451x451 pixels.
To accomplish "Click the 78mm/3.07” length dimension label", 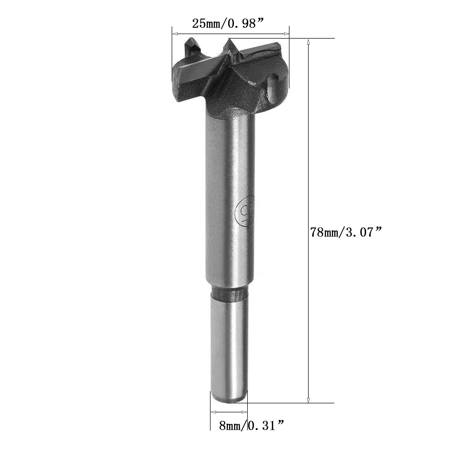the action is pos(346,233).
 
